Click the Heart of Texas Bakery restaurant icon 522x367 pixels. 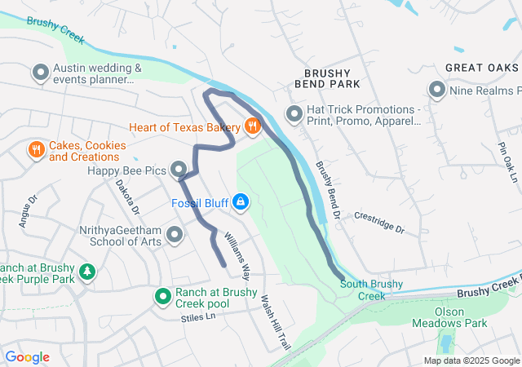coord(253,126)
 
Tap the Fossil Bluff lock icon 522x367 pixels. coord(240,201)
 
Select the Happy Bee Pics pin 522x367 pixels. coord(179,170)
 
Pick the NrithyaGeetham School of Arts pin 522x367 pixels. coord(174,237)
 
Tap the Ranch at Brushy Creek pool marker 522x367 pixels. coord(163,297)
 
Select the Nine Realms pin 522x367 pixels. coord(436,91)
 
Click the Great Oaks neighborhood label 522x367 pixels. coord(482,68)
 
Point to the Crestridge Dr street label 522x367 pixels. coord(379,222)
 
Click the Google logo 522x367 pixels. coord(28,356)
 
